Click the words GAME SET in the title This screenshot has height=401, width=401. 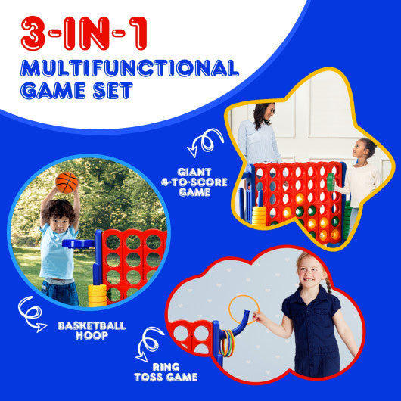(x=79, y=91)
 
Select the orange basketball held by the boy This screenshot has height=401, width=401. (x=67, y=182)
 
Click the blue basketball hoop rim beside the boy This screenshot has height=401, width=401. (x=80, y=244)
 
